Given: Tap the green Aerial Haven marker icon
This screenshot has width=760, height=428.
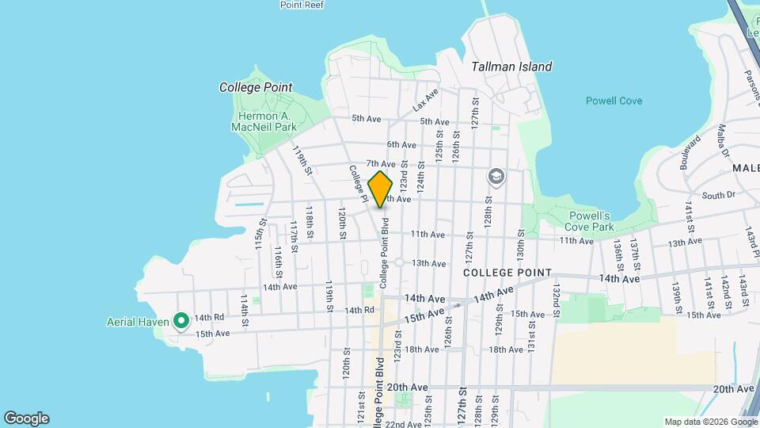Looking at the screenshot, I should pos(180,321).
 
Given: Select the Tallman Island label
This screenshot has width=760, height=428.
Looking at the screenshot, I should pos(511,67).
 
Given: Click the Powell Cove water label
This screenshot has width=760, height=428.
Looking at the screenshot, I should pos(614,101).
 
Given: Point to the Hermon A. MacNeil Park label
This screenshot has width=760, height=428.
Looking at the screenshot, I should pos(256,120).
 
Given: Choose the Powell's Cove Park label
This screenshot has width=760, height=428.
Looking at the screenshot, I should pos(591,221).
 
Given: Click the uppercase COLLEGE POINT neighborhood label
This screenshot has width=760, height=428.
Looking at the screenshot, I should pos(507,273).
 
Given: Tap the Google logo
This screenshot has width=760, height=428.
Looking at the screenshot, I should pos(26,418).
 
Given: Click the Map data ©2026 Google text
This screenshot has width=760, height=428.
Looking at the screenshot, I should pos(709,422).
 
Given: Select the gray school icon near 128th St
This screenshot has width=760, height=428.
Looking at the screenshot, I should pos(496,177).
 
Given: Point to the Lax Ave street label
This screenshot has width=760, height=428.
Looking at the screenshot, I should pos(425,101).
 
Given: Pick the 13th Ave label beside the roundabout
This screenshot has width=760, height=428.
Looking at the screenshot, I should pos(429,263).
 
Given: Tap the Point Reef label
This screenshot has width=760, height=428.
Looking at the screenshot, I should pos(302,5).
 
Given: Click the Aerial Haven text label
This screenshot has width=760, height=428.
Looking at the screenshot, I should pos(139,322).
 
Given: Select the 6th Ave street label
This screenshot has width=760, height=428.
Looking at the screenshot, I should pos(401,144).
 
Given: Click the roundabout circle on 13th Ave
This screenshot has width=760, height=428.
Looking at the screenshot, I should pos(400,262).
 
